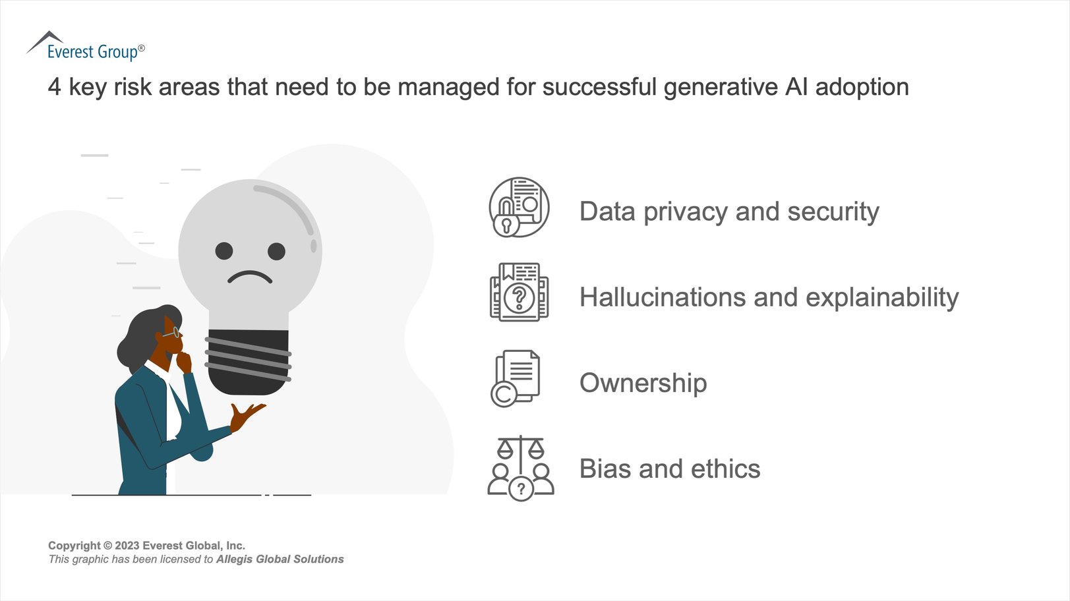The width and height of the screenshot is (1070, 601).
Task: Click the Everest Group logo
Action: (86, 47)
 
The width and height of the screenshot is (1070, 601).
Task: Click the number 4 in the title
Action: (54, 87)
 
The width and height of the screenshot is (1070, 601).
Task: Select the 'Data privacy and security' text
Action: (728, 212)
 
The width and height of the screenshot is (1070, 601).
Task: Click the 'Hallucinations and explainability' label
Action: (768, 297)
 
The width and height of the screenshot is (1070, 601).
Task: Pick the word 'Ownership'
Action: (643, 383)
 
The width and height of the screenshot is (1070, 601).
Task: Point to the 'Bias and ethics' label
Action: (669, 469)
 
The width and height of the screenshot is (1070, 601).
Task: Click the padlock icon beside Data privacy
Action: (506, 224)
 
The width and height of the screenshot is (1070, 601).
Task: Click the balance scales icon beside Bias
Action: (521, 451)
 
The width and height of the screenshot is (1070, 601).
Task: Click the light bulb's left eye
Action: (224, 251)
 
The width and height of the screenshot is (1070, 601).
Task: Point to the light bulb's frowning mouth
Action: (250, 277)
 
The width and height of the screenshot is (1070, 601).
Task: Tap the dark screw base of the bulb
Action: (249, 361)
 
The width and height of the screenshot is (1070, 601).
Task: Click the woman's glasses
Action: (173, 333)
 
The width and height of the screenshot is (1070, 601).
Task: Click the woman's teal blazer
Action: (142, 428)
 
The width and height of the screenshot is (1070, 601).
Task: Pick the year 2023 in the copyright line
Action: (127, 546)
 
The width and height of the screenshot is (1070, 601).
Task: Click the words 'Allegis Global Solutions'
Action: (280, 559)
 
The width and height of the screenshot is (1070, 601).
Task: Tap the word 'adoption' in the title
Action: (862, 87)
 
